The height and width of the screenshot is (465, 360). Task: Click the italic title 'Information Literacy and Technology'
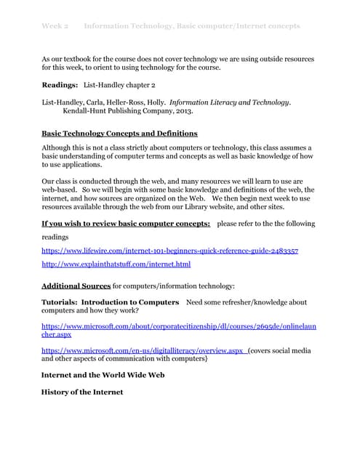(x=230, y=103)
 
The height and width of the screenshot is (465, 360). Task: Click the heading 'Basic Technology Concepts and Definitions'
(x=119, y=134)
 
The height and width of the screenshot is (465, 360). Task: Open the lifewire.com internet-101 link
(x=169, y=251)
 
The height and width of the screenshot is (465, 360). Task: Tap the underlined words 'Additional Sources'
(x=76, y=286)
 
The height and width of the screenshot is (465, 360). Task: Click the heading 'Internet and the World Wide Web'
(x=103, y=376)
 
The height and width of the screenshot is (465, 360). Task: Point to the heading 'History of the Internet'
(x=82, y=392)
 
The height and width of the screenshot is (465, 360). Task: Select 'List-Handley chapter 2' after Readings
(x=119, y=85)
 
